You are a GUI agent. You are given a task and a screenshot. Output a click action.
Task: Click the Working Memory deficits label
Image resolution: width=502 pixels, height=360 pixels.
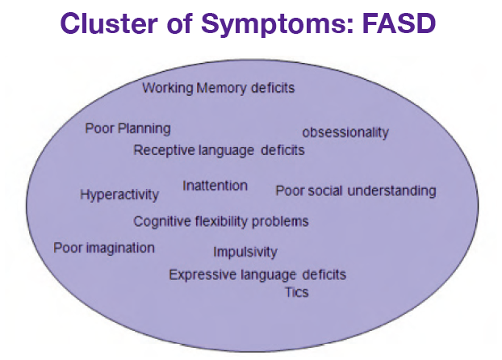tap(218, 88)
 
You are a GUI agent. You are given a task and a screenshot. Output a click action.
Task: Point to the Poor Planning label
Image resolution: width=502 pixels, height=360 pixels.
tap(128, 128)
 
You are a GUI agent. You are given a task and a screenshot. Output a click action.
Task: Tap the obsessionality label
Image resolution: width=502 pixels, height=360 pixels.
tap(345, 132)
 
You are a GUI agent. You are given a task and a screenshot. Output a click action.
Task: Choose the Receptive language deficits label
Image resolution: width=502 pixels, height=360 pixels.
tap(219, 150)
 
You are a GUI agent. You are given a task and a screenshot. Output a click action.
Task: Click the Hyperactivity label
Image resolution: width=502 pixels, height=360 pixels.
tap(119, 195)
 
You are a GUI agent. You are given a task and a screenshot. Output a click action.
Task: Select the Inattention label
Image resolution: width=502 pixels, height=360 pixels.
tap(215, 186)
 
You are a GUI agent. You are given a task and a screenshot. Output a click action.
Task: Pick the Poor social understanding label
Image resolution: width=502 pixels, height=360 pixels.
tap(355, 191)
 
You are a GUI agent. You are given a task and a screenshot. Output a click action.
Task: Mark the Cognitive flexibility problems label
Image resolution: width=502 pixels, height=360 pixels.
tap(220, 221)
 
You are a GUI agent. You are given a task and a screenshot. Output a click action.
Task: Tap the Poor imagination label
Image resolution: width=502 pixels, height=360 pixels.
tap(104, 248)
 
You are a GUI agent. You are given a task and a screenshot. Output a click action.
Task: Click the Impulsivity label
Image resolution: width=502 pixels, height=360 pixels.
tap(245, 252)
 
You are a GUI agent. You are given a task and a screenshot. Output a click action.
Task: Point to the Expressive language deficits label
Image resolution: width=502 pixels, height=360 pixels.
tap(257, 275)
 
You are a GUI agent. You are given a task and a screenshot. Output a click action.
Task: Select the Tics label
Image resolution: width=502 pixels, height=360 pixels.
tap(296, 291)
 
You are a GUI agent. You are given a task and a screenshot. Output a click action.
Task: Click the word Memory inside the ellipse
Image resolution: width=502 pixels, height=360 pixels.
tap(220, 88)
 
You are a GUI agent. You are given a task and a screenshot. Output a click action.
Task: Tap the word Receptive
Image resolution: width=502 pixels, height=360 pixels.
tap(162, 150)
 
